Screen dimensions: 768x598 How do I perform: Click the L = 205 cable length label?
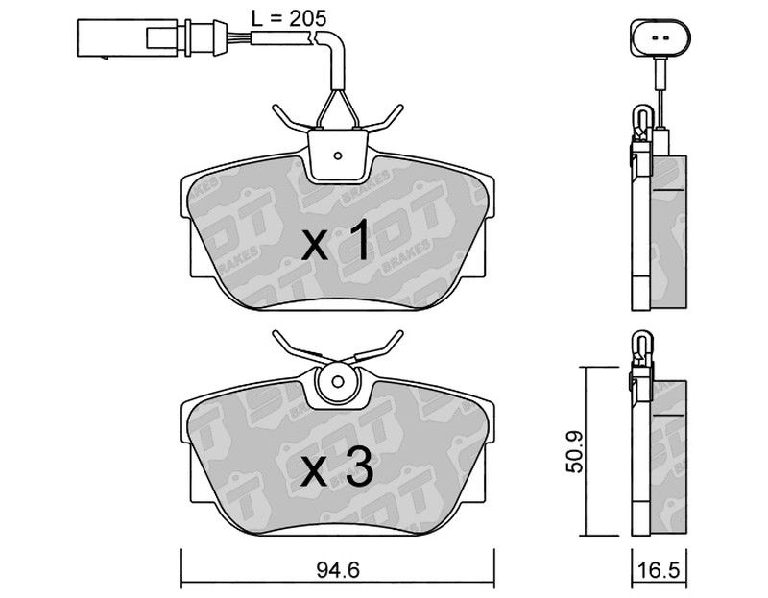(289, 18)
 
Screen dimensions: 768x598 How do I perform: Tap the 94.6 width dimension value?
(338, 570)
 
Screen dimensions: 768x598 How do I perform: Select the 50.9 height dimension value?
(574, 451)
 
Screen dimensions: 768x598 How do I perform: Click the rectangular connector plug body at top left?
(128, 38)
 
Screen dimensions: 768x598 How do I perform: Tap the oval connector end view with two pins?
(660, 37)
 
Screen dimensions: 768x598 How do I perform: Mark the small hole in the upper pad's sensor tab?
(338, 155)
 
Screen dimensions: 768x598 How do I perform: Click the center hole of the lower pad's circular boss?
(338, 381)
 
